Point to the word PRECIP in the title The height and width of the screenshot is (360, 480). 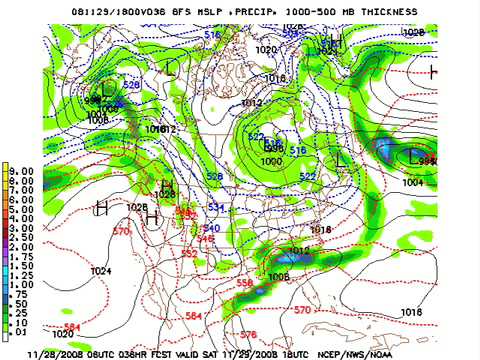coord(247,11)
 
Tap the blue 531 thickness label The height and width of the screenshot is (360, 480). coord(214,207)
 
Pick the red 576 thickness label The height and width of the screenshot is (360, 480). coord(249,333)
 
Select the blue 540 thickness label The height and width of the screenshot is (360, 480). coord(211,228)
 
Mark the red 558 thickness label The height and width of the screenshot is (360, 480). coord(244,283)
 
